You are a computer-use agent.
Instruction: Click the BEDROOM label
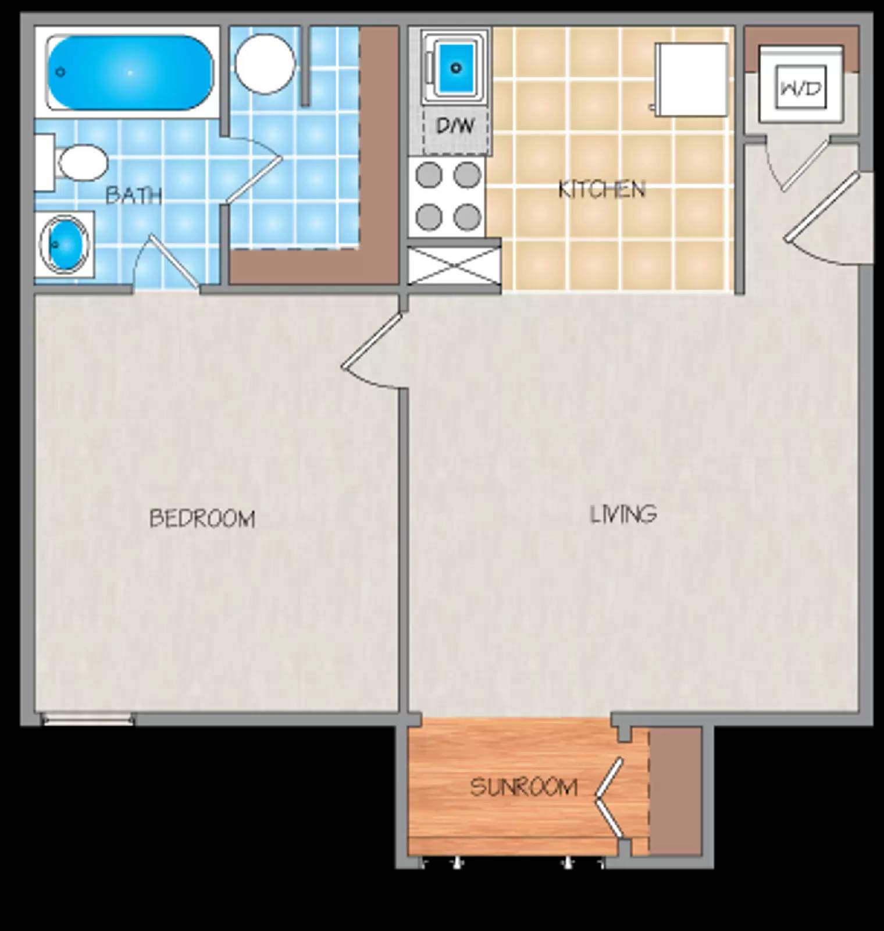tap(202, 518)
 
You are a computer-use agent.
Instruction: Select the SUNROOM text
tap(523, 787)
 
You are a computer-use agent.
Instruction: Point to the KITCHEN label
tap(601, 190)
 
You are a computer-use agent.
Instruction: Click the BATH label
tap(134, 196)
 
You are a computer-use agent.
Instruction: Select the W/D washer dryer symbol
tap(801, 88)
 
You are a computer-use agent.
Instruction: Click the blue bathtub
tap(129, 73)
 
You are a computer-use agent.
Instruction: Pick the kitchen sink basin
tap(456, 68)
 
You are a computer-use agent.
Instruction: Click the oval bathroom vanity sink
tap(65, 244)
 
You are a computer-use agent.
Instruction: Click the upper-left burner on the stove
tap(429, 175)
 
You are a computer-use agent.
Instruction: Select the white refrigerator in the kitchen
tap(691, 79)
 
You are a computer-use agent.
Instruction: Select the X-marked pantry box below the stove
tap(454, 265)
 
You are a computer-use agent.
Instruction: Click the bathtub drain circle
tap(60, 72)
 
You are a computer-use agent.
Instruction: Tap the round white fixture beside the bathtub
tap(265, 63)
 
